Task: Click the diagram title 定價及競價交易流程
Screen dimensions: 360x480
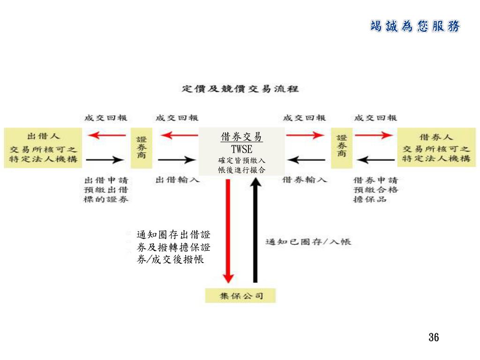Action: pos(240,89)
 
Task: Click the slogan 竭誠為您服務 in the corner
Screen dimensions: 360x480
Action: pos(415,26)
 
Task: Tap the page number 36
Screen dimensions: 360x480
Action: pos(433,337)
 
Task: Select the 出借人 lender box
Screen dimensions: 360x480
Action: pos(43,147)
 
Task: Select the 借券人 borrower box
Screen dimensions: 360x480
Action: pos(436,147)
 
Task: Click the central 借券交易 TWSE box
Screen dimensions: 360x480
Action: pos(242,151)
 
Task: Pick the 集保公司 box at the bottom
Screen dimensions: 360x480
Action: pos(240,296)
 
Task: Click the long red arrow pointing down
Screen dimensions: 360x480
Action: pos(228,230)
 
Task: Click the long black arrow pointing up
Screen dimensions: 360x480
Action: pos(255,230)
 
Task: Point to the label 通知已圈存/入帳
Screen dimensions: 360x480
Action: pos(308,242)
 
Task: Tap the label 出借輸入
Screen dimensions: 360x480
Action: pos(177,180)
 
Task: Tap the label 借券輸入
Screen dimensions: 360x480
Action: pos(305,180)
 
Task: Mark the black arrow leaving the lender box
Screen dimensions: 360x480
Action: pos(105,160)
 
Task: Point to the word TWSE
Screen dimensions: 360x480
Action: pos(242,150)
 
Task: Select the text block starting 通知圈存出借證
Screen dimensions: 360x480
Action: pos(173,247)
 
